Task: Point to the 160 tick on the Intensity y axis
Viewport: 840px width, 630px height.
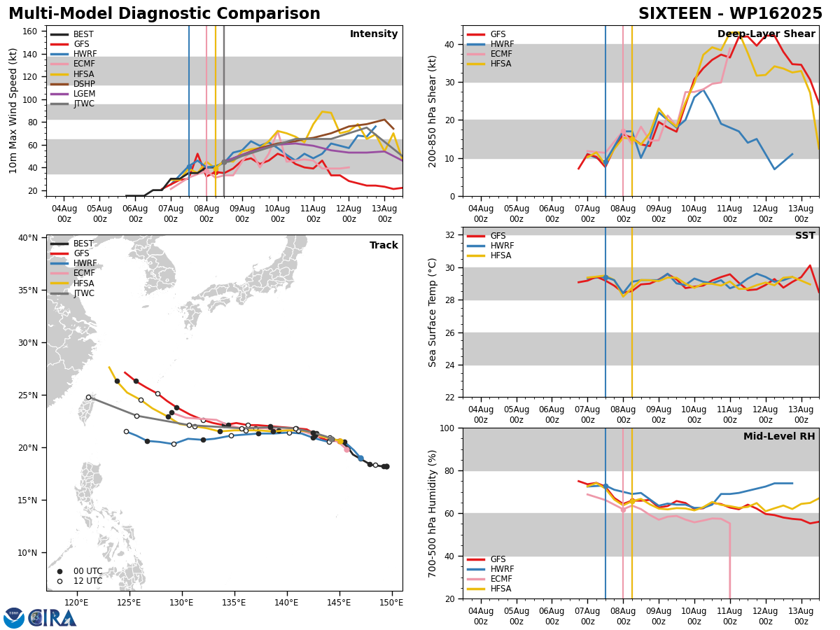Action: click(x=29, y=31)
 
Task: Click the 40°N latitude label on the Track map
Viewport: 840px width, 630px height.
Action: click(x=28, y=238)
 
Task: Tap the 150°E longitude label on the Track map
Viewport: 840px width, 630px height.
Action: click(x=391, y=603)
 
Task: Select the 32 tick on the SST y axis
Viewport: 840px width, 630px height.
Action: click(x=449, y=235)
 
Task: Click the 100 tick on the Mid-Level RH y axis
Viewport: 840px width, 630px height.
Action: click(x=447, y=428)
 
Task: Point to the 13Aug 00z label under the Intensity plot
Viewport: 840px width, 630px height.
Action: click(x=384, y=213)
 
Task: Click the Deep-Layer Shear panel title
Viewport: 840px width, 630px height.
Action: click(x=766, y=34)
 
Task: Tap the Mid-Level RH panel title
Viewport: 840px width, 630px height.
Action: click(x=779, y=436)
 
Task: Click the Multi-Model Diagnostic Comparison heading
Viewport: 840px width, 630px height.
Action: click(x=164, y=14)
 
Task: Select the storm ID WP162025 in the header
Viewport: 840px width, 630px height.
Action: click(x=776, y=14)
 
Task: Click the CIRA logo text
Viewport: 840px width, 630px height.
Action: click(x=52, y=618)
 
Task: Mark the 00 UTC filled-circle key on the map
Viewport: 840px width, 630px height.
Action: click(x=59, y=571)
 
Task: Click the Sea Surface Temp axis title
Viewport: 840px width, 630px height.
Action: click(x=432, y=312)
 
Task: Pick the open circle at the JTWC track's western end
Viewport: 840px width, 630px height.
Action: click(x=89, y=398)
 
